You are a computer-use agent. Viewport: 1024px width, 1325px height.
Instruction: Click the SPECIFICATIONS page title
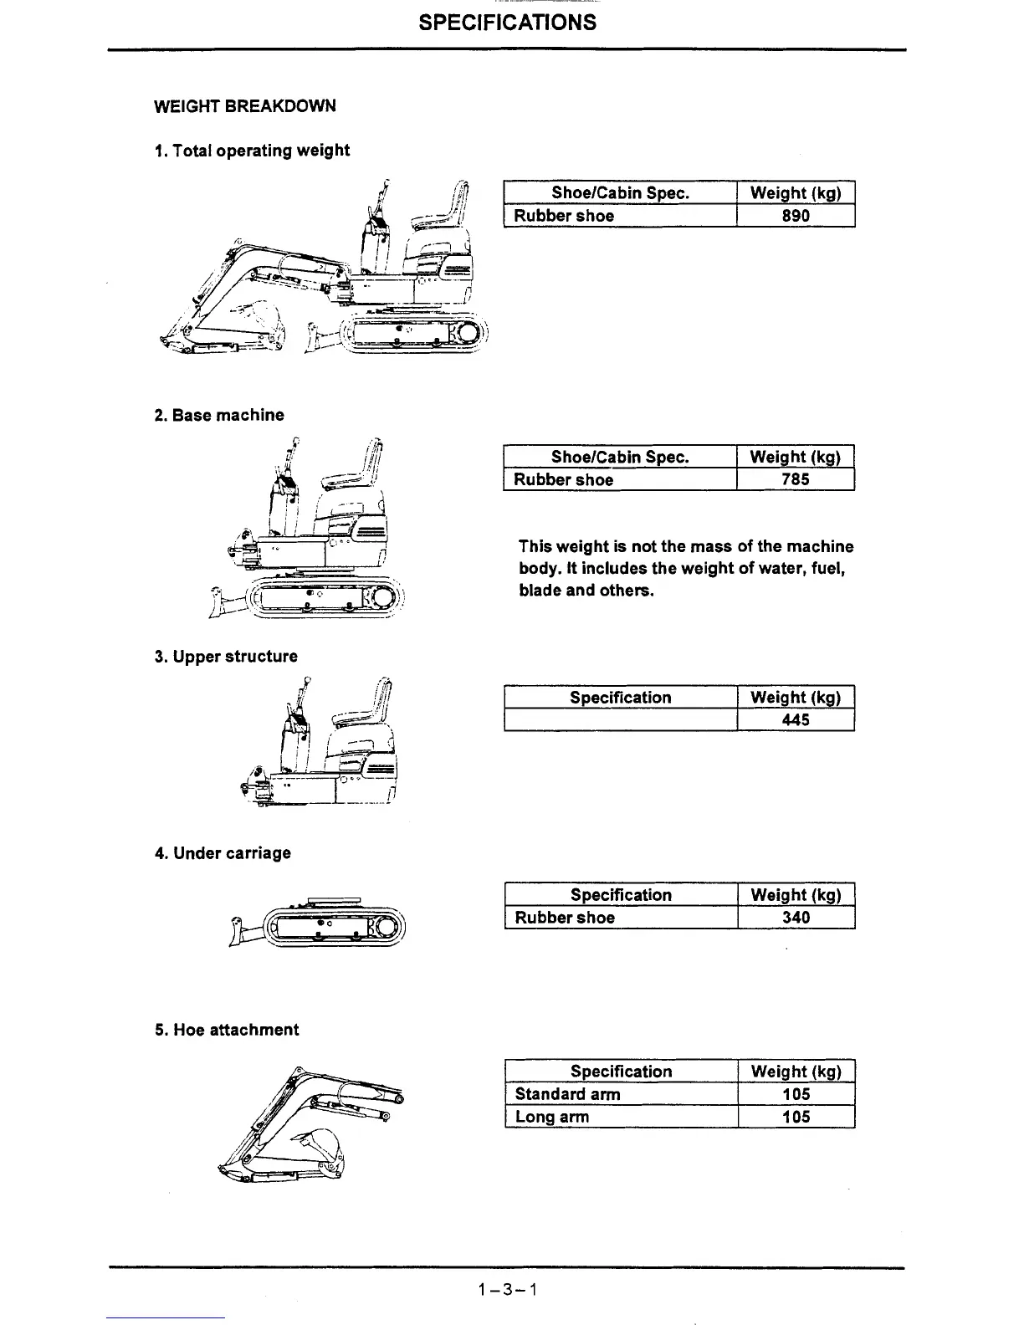(x=507, y=23)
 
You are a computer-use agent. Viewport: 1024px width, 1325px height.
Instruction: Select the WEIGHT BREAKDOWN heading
(x=245, y=106)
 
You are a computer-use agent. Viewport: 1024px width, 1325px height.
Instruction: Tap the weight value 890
(x=796, y=216)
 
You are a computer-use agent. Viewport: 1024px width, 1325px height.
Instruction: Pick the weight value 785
(x=796, y=480)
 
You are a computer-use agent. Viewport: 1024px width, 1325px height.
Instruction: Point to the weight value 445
(x=796, y=720)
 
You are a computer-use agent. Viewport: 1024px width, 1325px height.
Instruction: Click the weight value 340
(x=796, y=918)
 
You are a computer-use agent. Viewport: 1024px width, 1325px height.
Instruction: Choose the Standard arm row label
(x=567, y=1094)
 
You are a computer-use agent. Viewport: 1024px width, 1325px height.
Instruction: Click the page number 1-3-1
(x=507, y=1289)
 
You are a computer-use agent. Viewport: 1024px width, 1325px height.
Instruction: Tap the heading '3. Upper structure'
(x=226, y=657)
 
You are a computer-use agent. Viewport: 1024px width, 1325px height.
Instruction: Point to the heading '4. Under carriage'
(x=223, y=853)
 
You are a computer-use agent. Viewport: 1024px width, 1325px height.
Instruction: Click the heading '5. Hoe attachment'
(x=226, y=1030)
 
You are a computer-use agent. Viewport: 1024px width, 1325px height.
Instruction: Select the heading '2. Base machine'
(x=219, y=415)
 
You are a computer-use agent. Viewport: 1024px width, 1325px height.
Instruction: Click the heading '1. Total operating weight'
(x=252, y=151)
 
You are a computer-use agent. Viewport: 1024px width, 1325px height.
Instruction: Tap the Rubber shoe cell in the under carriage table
(x=565, y=918)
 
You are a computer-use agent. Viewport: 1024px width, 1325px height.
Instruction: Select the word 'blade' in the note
(x=540, y=591)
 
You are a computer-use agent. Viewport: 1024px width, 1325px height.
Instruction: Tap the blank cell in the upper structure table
(x=620, y=720)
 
